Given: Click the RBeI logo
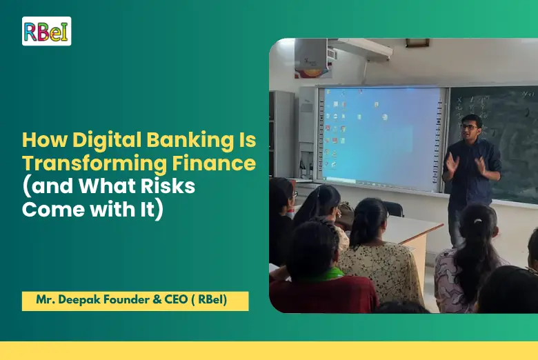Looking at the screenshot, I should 46,31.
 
